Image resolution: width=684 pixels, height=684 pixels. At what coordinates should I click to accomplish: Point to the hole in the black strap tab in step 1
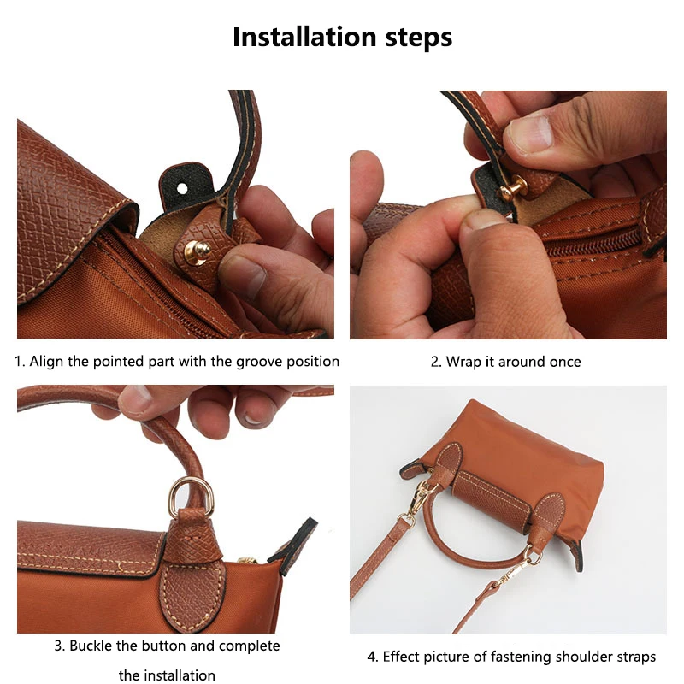[182, 182]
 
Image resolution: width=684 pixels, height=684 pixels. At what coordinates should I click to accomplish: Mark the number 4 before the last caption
[371, 657]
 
